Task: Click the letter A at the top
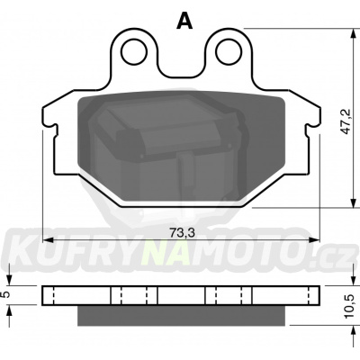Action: point(185,22)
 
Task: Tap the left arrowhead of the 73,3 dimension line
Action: point(47,240)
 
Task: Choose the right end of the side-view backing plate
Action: point(317,295)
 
